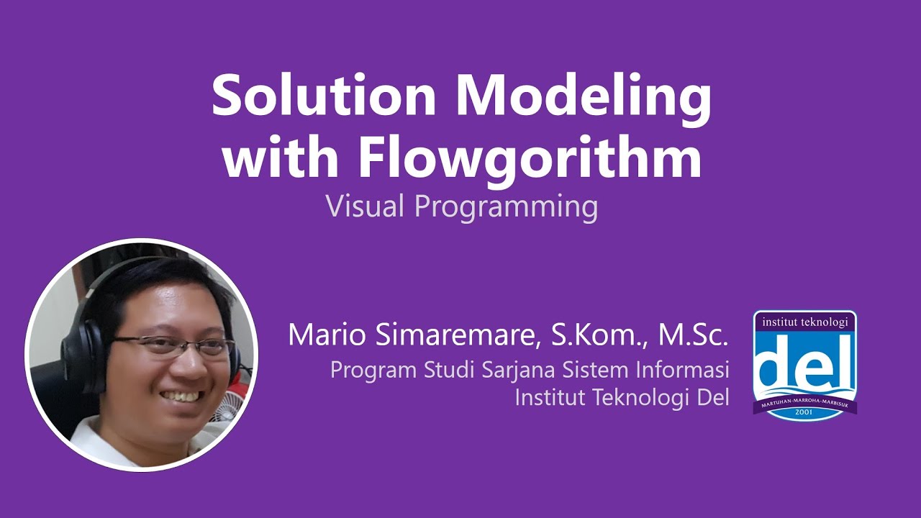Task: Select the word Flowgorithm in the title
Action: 530,160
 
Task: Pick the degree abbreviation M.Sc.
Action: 692,335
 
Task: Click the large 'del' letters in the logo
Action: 804,367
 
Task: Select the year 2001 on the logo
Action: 804,413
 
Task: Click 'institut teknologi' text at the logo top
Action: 804,322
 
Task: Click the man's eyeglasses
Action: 176,345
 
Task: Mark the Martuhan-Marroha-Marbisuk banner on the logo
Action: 804,402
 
